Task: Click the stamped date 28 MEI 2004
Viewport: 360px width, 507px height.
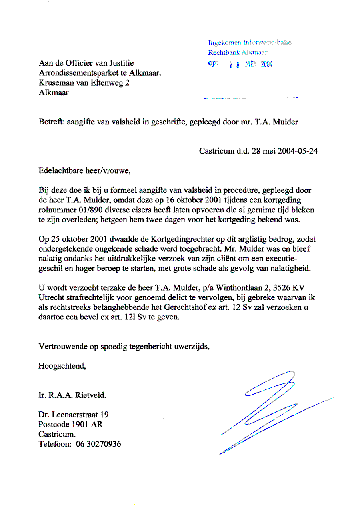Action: [251, 65]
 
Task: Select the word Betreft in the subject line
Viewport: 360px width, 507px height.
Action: [50, 122]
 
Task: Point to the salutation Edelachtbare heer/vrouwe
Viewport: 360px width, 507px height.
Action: [84, 171]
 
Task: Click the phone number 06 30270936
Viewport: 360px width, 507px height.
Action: [98, 444]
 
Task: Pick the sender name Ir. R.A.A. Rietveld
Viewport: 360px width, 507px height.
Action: [72, 396]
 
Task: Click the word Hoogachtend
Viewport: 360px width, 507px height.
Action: [62, 365]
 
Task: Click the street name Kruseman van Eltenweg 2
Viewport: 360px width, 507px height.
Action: [84, 83]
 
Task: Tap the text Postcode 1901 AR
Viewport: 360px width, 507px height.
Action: [70, 424]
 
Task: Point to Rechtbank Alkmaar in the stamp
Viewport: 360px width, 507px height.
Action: [238, 52]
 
